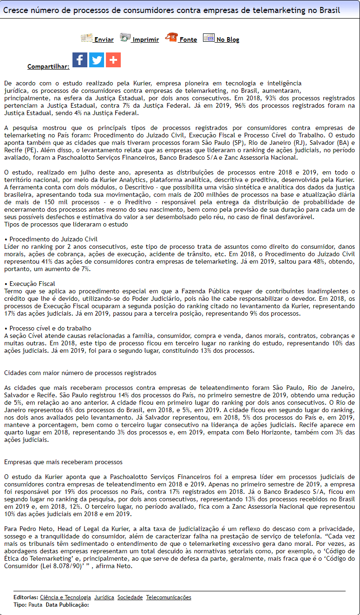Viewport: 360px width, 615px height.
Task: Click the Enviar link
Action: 104,40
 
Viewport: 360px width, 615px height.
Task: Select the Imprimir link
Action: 145,40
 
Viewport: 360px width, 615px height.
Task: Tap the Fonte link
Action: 188,40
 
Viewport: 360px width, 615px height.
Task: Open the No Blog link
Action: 228,40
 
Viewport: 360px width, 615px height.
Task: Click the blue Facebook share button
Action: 80,60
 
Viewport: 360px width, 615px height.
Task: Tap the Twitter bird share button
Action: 97,60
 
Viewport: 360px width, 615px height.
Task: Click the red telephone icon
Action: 171,37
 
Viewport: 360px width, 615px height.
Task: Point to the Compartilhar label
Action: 48,67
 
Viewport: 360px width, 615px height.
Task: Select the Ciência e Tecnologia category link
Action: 65,597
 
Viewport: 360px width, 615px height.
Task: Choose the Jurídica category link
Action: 104,597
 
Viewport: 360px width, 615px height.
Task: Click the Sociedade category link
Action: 130,597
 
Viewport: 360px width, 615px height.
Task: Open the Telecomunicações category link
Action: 169,597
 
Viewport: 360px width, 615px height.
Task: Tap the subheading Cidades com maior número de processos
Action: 80,373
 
